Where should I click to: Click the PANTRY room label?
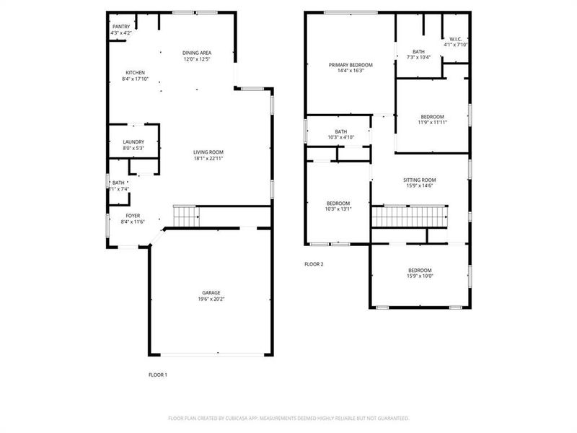click(x=121, y=27)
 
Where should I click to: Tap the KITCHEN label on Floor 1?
click(x=136, y=73)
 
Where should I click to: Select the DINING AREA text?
click(x=197, y=53)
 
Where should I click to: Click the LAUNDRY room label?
click(x=133, y=142)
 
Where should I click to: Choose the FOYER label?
click(x=133, y=216)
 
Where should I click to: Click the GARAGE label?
click(x=211, y=293)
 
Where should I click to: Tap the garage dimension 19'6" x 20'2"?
click(x=211, y=299)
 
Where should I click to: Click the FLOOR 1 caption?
click(x=157, y=375)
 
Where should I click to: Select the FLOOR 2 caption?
click(x=314, y=264)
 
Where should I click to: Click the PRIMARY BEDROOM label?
click(x=346, y=65)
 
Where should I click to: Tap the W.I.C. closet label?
click(x=456, y=39)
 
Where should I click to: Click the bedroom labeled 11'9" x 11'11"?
click(x=433, y=117)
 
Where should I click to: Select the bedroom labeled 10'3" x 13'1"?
click(x=338, y=204)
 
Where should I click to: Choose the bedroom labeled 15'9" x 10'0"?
click(x=419, y=271)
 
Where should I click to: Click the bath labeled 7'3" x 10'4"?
click(x=419, y=51)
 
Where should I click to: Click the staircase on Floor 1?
click(x=187, y=216)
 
